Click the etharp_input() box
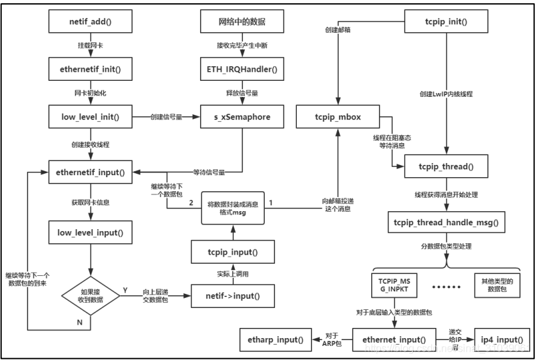(272, 338)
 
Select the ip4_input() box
(502, 338)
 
